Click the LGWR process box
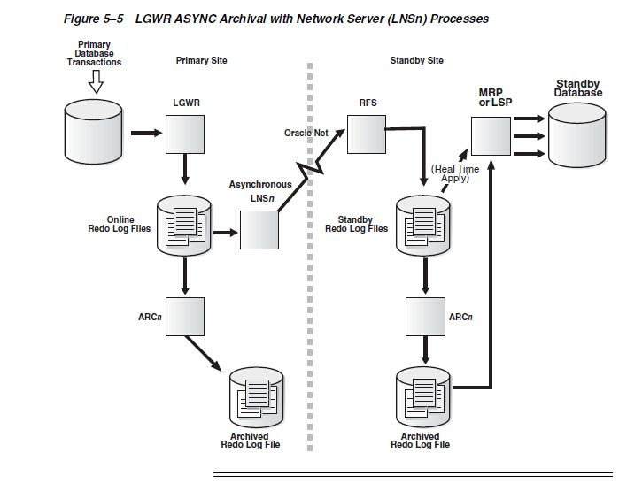point(186,134)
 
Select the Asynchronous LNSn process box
point(259,234)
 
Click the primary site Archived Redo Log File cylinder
point(258,395)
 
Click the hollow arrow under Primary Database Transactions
point(97,82)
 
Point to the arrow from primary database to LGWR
point(145,134)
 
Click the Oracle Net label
point(306,133)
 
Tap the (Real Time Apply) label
point(455,172)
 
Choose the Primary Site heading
point(202,61)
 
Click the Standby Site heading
point(416,61)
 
